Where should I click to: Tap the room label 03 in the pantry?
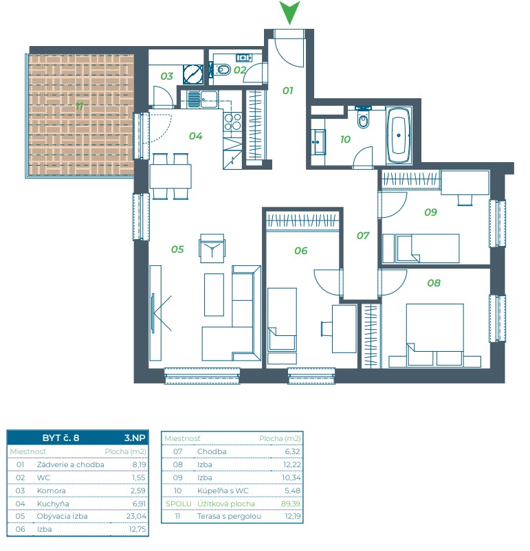[x=167, y=76]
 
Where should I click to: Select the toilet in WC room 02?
[x=221, y=69]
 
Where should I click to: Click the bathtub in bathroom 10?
[x=399, y=135]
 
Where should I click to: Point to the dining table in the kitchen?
[x=170, y=177]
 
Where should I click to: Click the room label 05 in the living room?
[x=177, y=249]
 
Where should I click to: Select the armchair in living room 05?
[x=212, y=249]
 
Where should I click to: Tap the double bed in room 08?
[x=434, y=335]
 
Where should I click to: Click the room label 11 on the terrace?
[x=80, y=106]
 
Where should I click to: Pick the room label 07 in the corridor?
[x=363, y=236]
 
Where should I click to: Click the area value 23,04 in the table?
[x=136, y=516]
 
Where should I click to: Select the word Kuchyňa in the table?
[x=53, y=504]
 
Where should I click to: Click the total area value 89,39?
[x=291, y=504]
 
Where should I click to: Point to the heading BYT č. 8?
[x=60, y=438]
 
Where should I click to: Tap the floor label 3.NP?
[x=135, y=438]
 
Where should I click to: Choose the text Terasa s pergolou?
[x=229, y=516]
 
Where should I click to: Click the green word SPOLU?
[x=179, y=504]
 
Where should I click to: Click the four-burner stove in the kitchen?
[x=232, y=121]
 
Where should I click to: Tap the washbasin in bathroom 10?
[x=318, y=142]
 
